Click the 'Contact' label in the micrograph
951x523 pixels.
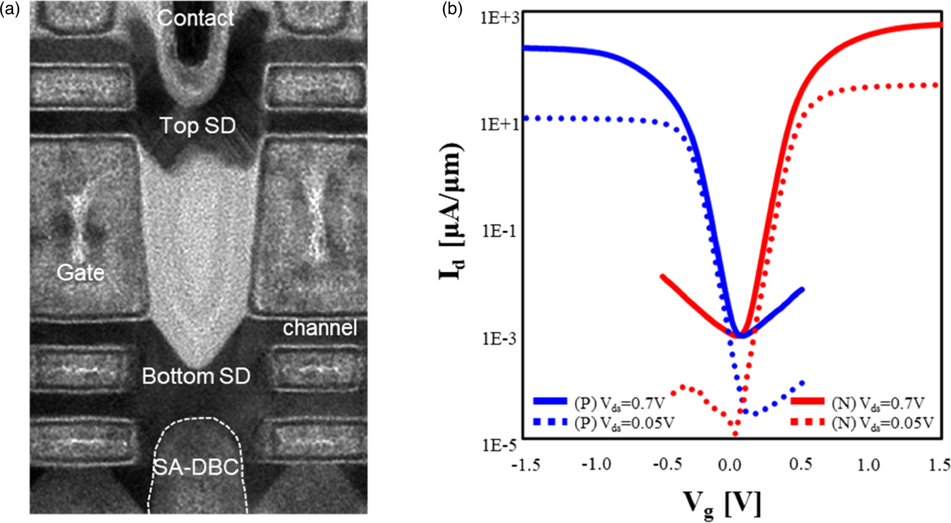tap(195, 18)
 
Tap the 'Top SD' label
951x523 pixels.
tap(197, 126)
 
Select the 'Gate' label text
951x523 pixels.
tap(80, 272)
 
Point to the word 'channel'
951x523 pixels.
tap(320, 328)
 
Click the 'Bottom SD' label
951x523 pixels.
tap(196, 376)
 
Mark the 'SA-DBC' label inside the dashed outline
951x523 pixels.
tap(195, 467)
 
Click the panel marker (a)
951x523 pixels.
tap(9, 9)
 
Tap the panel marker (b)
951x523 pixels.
tap(452, 9)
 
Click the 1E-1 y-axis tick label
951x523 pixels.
tap(499, 231)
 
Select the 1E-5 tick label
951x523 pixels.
tap(499, 445)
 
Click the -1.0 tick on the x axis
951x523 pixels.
tap(596, 464)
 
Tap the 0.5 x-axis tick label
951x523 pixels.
tap(800, 464)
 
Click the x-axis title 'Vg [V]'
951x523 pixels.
tap(722, 503)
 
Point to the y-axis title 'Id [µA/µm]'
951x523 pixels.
tap(451, 210)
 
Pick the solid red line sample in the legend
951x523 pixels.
tap(807, 402)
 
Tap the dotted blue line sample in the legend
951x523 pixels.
tap(550, 421)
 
